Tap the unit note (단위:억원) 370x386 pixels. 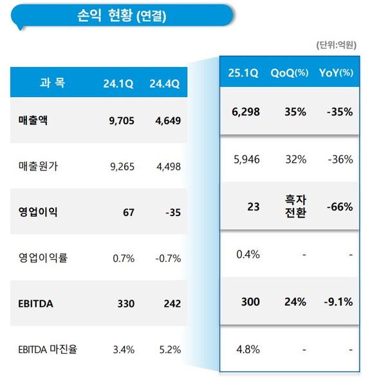point(335,45)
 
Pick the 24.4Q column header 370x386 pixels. point(165,84)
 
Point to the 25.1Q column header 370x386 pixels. point(243,73)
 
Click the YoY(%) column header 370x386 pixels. point(336,73)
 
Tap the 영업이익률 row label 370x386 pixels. point(44,259)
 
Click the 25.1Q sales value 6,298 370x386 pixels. point(245,111)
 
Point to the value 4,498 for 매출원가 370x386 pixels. point(167,167)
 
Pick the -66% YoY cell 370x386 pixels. point(338,207)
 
